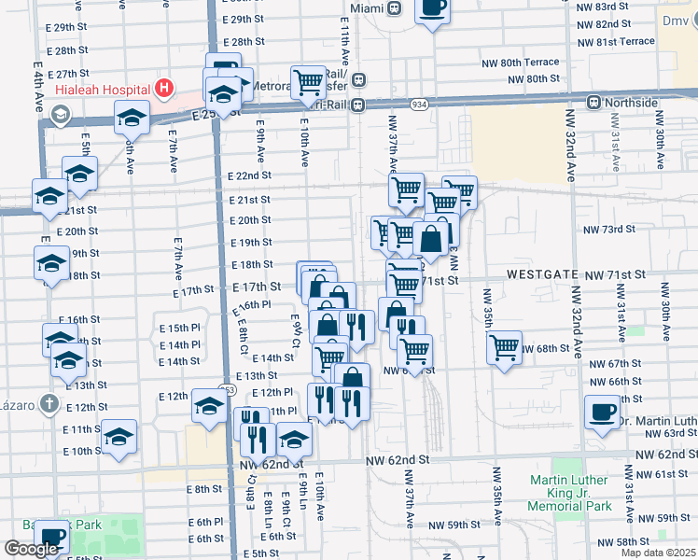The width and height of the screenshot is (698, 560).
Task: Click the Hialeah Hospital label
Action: pos(102,90)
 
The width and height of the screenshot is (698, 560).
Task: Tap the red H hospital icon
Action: pos(164,90)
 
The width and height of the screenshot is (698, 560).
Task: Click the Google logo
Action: pos(31,549)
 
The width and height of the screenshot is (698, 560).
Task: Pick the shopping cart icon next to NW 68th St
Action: pos(504,348)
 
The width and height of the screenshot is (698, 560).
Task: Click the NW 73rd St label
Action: pos(608,229)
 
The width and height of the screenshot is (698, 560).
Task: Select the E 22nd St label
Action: pos(249,175)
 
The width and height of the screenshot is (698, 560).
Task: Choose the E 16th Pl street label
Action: pos(251,304)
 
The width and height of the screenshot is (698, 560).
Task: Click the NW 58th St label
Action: pos(626,542)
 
